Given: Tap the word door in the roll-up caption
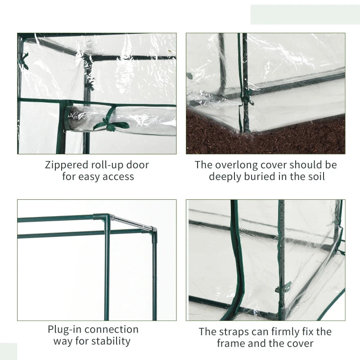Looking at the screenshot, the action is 138,165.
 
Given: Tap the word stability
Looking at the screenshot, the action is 111,342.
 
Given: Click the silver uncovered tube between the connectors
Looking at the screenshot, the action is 132,222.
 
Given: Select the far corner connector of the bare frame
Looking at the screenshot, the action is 154,231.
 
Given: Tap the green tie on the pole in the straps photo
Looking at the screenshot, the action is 283,287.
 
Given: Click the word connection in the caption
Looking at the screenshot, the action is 112,329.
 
